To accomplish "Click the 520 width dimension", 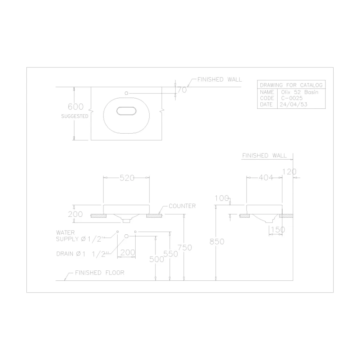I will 127,178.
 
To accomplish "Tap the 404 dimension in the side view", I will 265,178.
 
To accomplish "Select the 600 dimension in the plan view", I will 75,107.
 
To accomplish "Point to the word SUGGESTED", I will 75,116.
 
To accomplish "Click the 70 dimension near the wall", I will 182,90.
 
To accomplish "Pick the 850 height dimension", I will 217,242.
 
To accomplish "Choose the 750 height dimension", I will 184,247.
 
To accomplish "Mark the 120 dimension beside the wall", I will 289,171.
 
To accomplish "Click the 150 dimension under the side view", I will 278,229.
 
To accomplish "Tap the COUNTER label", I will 182,206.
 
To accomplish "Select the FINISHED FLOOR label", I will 100,273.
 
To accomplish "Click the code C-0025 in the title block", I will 292,98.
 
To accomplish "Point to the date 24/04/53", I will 294,104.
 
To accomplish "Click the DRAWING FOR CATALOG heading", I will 291,85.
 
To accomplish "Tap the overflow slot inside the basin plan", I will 126,111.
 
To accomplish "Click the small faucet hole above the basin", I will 126,93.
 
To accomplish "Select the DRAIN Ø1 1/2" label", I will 82,254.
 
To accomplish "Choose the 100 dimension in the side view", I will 222,198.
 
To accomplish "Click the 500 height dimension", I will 156,259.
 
